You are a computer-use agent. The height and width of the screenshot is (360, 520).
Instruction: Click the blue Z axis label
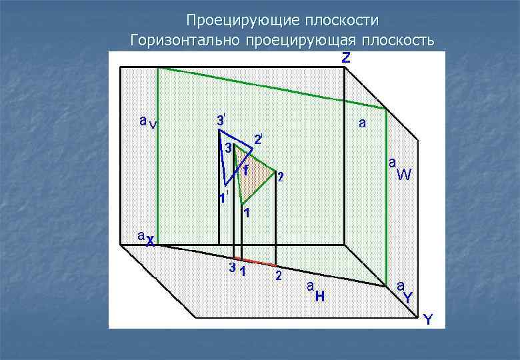coord(346,59)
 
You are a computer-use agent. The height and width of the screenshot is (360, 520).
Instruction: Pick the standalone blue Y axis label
coord(428,321)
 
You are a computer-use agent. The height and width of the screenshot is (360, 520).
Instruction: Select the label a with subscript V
coord(148,122)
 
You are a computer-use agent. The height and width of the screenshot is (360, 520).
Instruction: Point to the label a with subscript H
coord(315,291)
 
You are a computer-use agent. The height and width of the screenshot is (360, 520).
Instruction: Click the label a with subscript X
coord(146,239)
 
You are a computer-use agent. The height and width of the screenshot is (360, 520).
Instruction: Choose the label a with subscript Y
coord(405,292)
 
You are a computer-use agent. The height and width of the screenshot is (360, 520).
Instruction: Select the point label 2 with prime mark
coord(258,140)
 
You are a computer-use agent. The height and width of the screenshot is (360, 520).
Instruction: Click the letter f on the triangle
coord(245,170)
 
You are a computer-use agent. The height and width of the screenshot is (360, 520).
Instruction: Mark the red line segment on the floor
coord(255,261)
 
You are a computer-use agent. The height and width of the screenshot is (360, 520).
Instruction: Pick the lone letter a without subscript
coord(362,123)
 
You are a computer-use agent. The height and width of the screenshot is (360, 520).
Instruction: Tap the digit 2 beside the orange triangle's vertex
coord(281,177)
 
